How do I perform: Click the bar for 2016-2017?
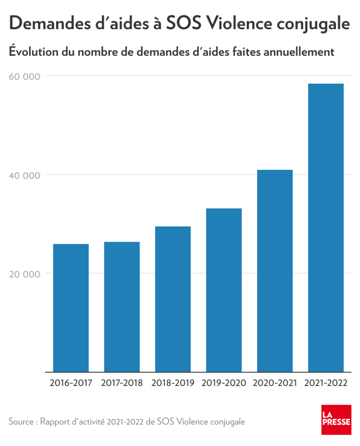coord(71,308)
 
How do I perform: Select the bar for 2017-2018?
coord(122,307)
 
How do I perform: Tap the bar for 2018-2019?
coord(173,299)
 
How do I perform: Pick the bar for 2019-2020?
coord(224,290)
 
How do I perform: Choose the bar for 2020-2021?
coord(275,271)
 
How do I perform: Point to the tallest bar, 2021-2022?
coord(326,228)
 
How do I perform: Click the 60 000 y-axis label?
coord(24,76)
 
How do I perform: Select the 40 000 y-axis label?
coord(24,175)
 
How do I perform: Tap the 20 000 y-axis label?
coord(24,274)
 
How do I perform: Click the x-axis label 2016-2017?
coord(71,384)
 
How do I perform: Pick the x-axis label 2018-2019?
coord(173,384)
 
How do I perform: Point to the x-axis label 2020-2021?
coord(275,384)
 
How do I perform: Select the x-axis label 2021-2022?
coord(326,384)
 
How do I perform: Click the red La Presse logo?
coord(336,419)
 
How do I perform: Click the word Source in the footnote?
coord(21,422)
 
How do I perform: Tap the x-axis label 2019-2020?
coord(224,384)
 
